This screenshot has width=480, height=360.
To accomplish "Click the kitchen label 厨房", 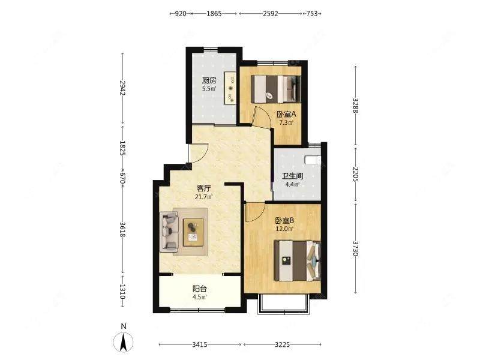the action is [209, 80].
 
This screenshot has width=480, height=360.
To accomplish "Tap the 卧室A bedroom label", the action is [287, 115].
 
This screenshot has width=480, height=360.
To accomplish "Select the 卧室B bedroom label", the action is [284, 220].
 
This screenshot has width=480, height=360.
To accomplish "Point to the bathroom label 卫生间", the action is [292, 176].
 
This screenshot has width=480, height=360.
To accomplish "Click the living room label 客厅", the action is [204, 188].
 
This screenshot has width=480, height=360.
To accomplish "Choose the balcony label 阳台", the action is [200, 289].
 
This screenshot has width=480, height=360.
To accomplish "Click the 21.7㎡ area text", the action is [204, 197].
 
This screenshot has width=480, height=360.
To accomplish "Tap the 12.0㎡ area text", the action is [284, 229].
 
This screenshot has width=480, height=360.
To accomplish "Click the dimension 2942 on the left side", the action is [122, 88].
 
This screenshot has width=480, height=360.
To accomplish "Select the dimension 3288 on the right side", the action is [355, 106].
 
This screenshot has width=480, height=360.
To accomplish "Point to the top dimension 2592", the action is [271, 13].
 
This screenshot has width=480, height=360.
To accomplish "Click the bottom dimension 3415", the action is [200, 344].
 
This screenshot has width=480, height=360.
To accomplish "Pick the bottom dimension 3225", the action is [282, 344].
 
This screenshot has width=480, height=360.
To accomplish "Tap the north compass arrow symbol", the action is [124, 342].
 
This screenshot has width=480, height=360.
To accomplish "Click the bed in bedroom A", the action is [276, 89].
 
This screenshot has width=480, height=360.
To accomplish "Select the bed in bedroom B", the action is [298, 261].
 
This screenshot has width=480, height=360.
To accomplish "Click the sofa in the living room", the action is [169, 232].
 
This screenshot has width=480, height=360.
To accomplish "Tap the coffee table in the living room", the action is [193, 232].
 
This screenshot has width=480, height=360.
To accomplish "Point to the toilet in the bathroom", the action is [313, 160].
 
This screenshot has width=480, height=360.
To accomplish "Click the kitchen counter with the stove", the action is [230, 88].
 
